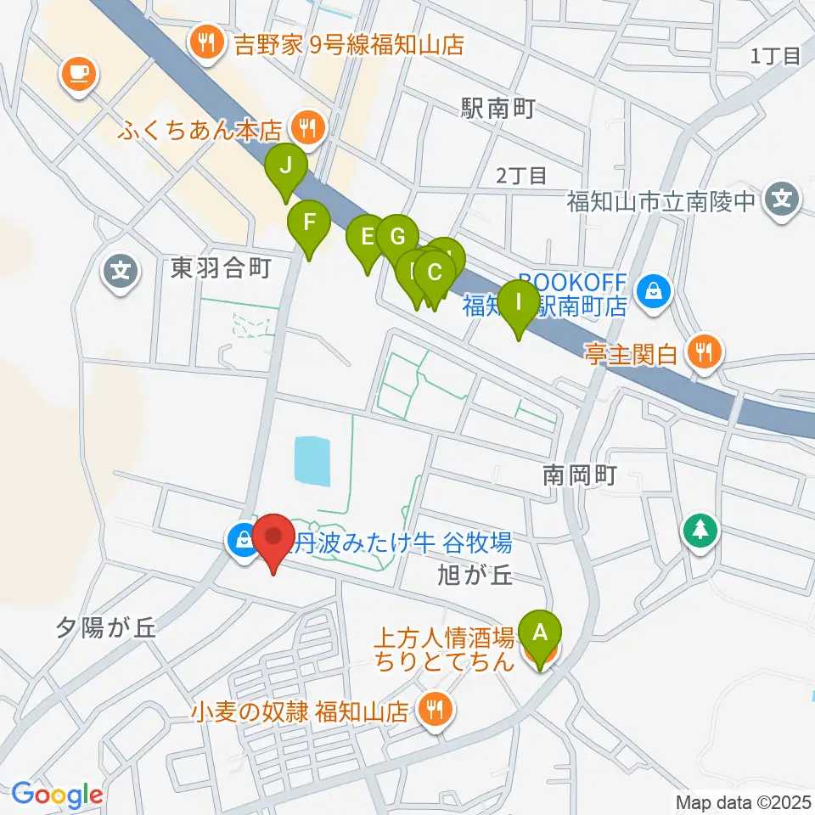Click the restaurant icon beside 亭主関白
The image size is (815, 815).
(704, 351)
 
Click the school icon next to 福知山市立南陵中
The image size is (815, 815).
(780, 200)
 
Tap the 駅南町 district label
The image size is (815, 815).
(497, 109)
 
